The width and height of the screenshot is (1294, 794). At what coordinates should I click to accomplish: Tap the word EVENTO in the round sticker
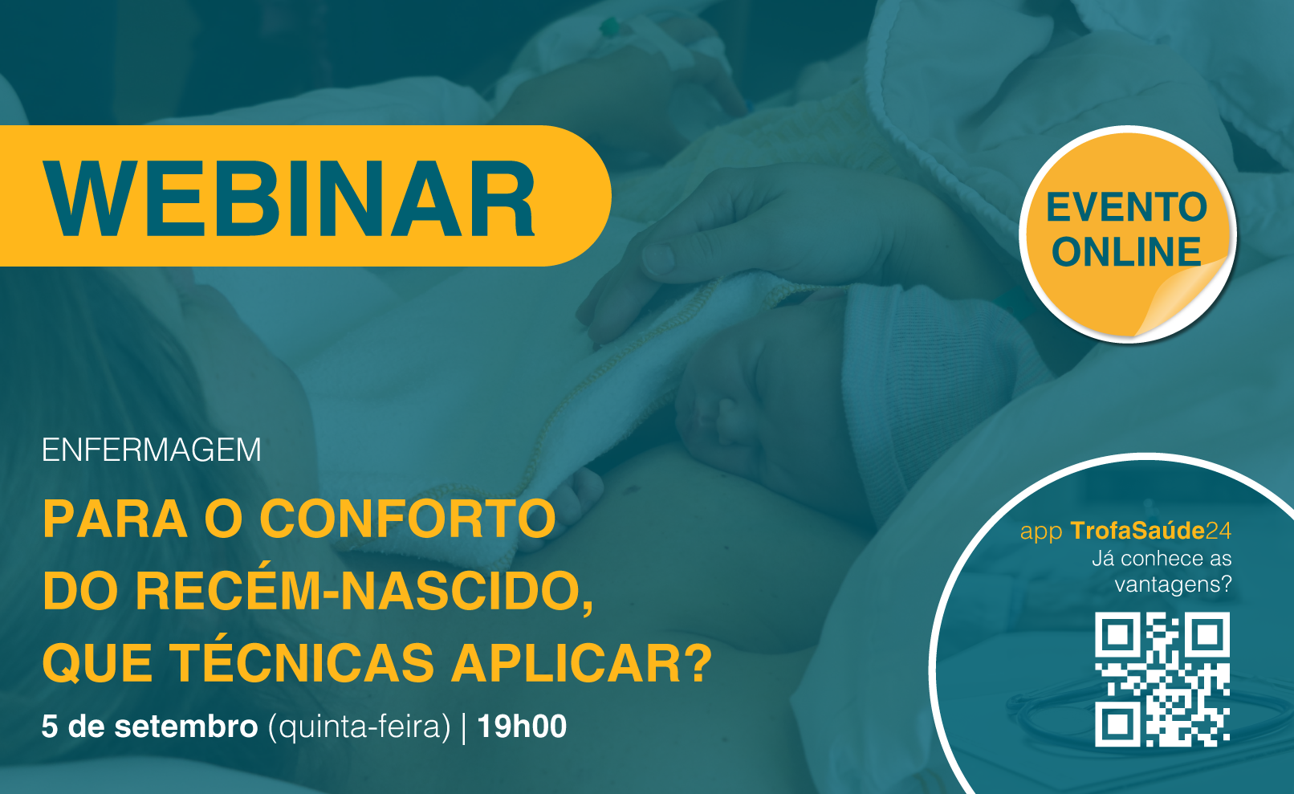click(x=1126, y=207)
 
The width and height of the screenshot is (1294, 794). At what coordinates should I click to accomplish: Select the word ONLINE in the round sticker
click(x=1126, y=252)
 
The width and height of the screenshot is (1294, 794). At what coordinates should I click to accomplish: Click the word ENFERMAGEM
click(x=152, y=450)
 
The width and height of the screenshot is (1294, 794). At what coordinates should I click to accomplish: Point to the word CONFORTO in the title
click(x=408, y=519)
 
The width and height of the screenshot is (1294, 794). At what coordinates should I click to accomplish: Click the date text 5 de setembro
click(x=149, y=727)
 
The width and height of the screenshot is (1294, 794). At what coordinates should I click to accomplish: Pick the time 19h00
click(x=523, y=727)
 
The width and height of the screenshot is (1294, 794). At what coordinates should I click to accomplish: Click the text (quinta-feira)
click(x=359, y=727)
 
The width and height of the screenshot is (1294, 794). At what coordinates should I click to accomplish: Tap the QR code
click(x=1162, y=679)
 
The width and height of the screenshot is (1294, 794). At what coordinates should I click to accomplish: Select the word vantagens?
click(x=1173, y=584)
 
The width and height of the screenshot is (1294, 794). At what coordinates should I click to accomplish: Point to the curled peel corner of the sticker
click(x=1184, y=298)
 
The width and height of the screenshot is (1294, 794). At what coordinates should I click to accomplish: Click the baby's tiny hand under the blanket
click(x=572, y=498)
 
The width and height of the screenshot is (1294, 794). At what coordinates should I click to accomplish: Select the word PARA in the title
click(x=115, y=519)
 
